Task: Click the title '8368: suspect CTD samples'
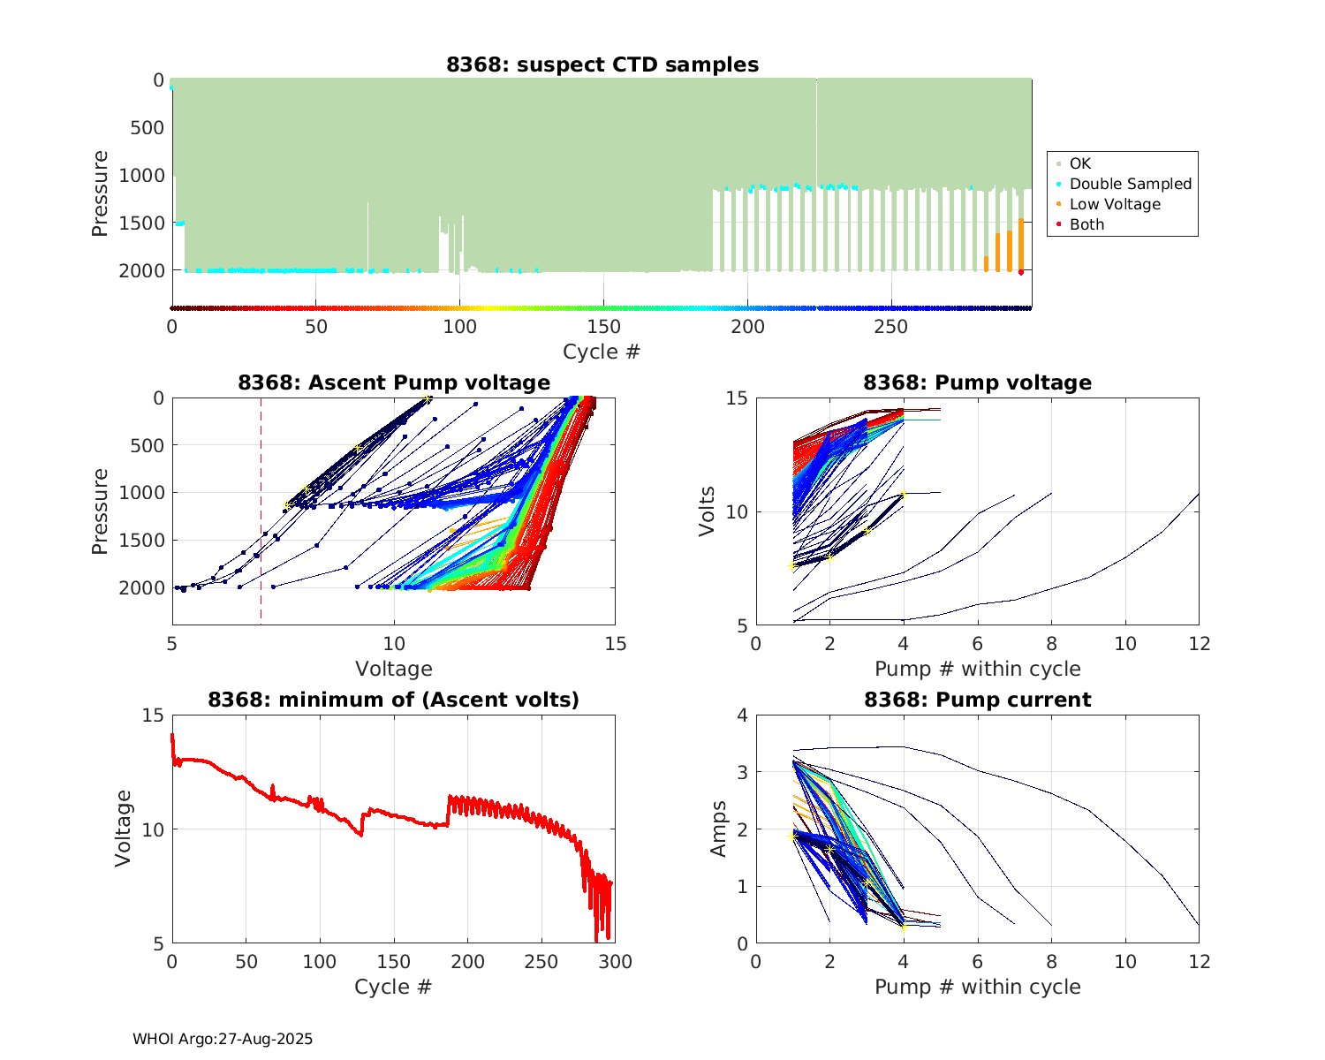click(x=602, y=64)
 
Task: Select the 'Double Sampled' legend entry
click(x=1130, y=184)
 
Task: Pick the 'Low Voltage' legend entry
click(x=1115, y=204)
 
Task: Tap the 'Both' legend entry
click(x=1086, y=224)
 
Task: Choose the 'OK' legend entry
click(x=1079, y=163)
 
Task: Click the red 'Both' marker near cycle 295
click(x=1021, y=272)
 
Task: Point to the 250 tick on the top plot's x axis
click(x=891, y=327)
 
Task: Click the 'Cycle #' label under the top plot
click(x=602, y=352)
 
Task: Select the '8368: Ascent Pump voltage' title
click(x=394, y=382)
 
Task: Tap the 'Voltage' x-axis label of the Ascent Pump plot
click(x=394, y=669)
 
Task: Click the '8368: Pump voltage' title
click(x=977, y=382)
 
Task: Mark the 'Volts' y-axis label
click(x=707, y=512)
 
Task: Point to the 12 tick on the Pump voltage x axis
click(x=1199, y=644)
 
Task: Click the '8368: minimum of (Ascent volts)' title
click(x=394, y=700)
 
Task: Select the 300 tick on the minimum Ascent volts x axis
click(x=616, y=962)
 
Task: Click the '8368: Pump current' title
click(x=977, y=700)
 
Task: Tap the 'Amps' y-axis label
click(x=719, y=829)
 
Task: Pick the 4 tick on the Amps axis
click(x=742, y=715)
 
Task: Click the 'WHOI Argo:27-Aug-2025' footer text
click(x=223, y=1039)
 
